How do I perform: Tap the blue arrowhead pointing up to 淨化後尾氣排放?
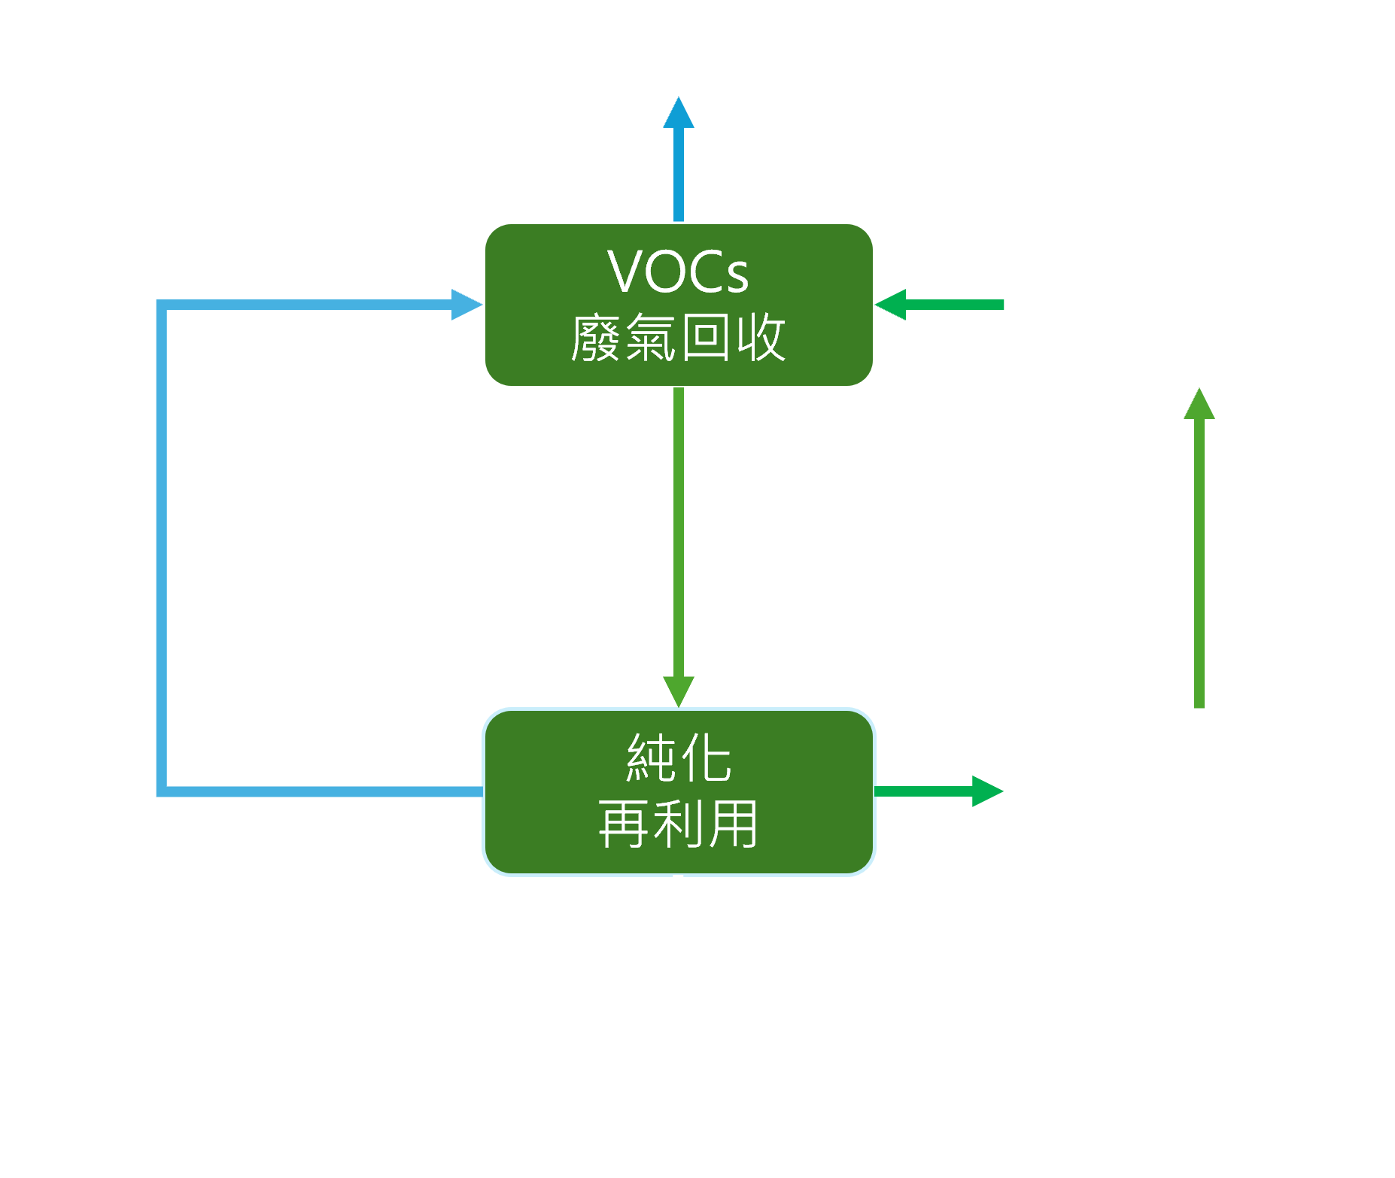(678, 113)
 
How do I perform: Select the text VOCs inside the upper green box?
(678, 272)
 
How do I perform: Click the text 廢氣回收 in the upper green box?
(678, 339)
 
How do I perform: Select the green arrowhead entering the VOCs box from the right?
(892, 305)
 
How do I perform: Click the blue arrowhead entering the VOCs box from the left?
(466, 305)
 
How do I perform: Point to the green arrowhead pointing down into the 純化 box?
(678, 691)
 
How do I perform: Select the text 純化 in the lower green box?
(678, 758)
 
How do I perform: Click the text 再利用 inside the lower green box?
(678, 824)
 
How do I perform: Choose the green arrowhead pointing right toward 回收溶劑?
(986, 791)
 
